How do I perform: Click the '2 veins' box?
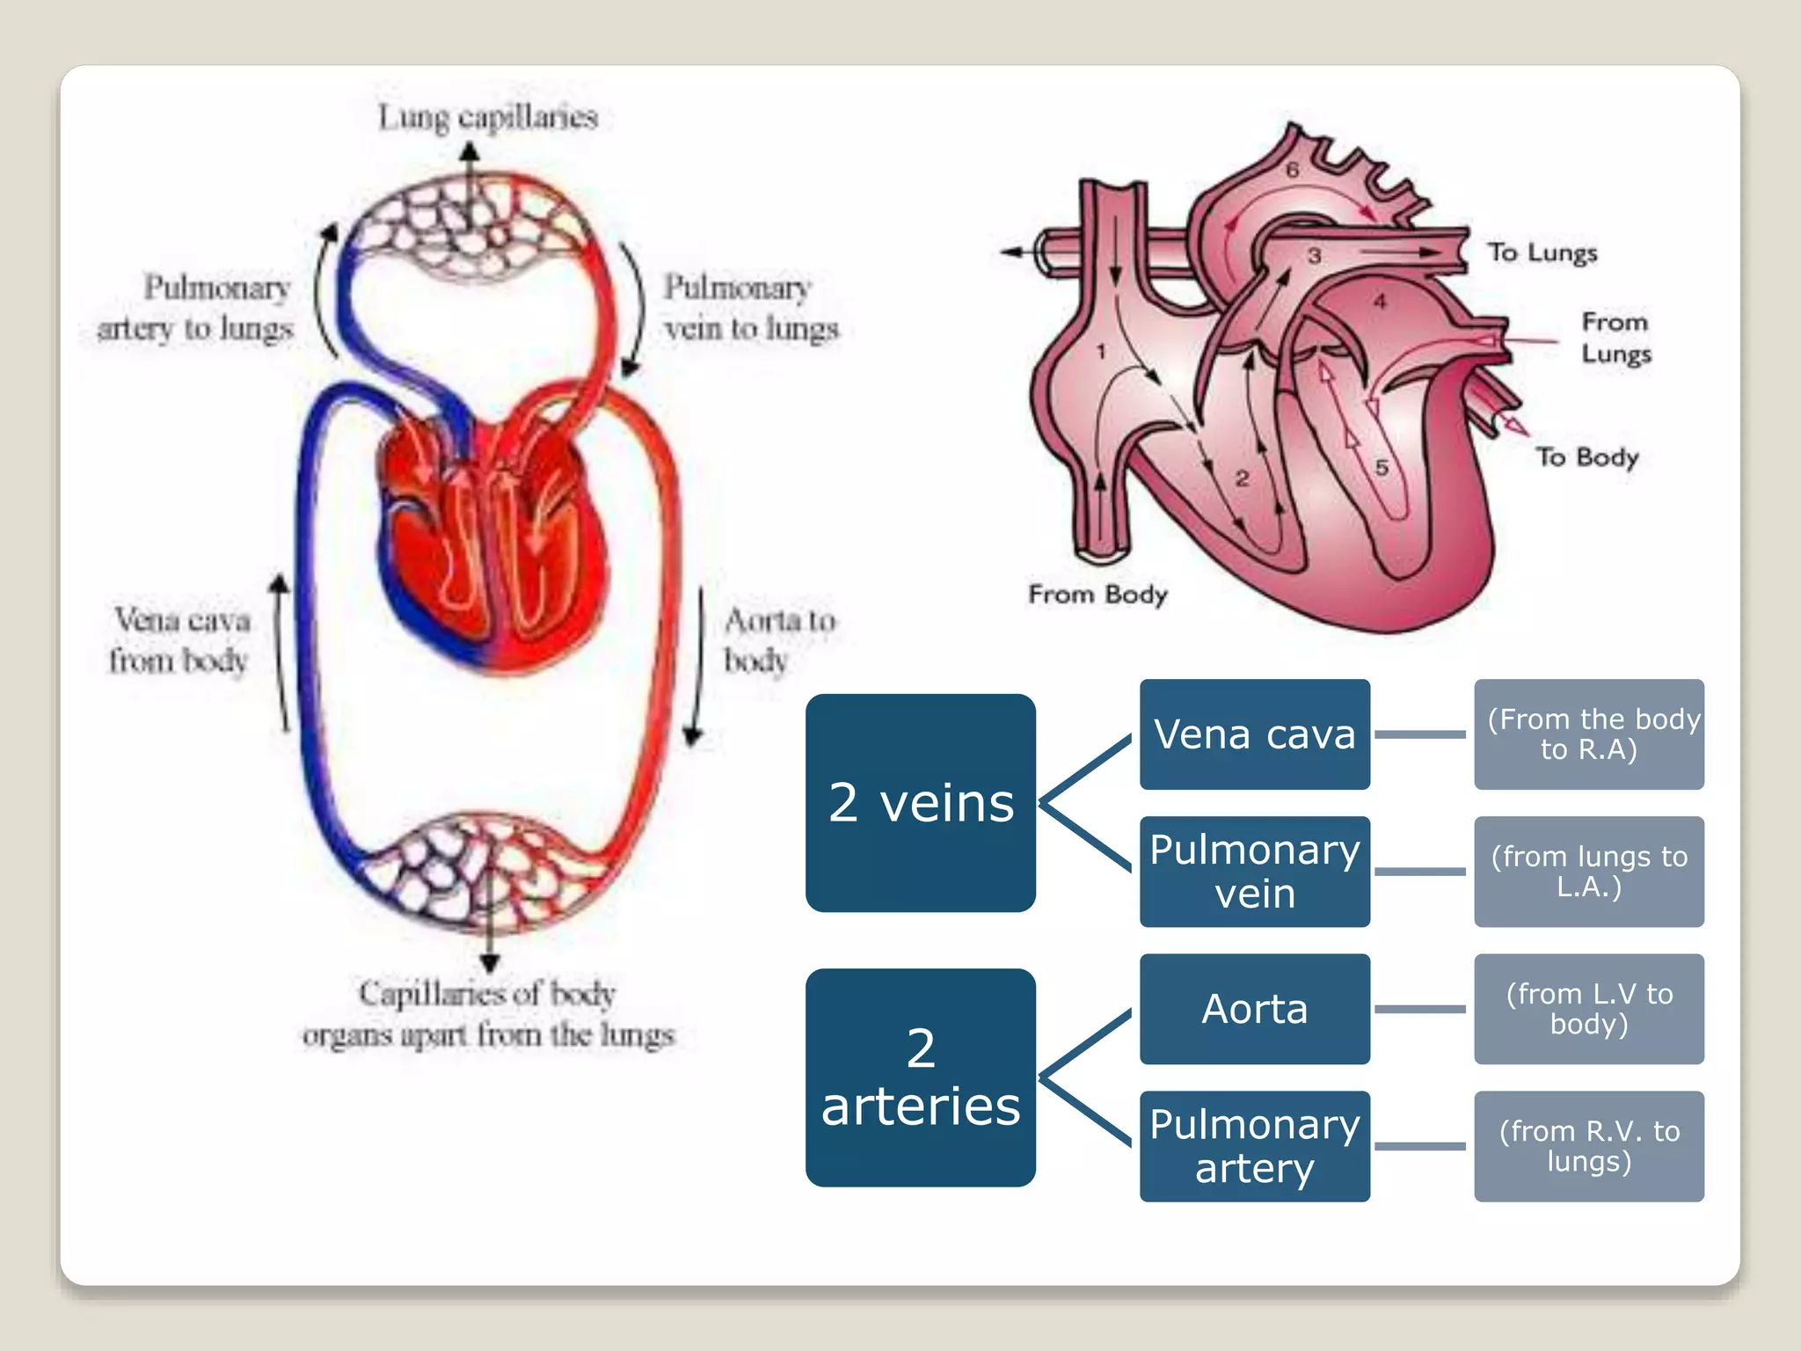click(x=920, y=802)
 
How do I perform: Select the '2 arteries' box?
click(x=920, y=1077)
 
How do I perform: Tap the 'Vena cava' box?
click(x=1254, y=734)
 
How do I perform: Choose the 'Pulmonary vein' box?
click(x=1254, y=871)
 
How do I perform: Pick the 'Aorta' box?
click(x=1254, y=1008)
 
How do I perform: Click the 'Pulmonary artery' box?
click(x=1254, y=1145)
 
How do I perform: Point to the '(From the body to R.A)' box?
click(x=1588, y=734)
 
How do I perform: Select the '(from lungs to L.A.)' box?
click(x=1588, y=871)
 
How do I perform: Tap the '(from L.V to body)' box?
click(x=1588, y=1008)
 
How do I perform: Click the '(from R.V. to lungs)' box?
click(x=1588, y=1145)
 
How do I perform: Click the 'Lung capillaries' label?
click(x=488, y=117)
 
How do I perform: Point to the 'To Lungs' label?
click(x=1542, y=252)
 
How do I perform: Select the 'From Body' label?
click(x=1097, y=595)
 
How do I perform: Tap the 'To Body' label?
click(x=1587, y=456)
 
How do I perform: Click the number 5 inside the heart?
click(x=1382, y=468)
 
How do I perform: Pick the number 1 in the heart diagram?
click(x=1101, y=352)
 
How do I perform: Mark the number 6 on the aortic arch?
click(x=1292, y=171)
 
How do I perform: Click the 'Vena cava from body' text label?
click(x=179, y=640)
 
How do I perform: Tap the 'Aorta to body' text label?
click(x=777, y=640)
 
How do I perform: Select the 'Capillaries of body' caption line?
click(x=486, y=994)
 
